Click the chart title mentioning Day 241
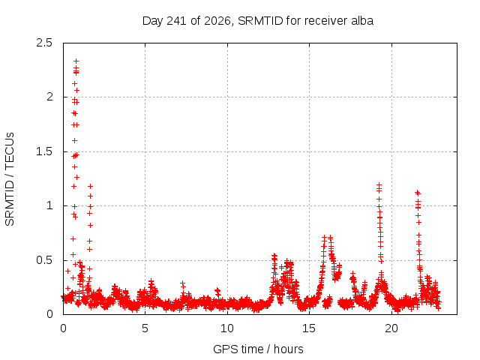[x=258, y=21]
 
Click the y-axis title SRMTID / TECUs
[x=10, y=179]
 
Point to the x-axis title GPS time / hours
[x=258, y=349]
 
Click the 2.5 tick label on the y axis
[x=44, y=43]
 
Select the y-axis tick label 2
[x=49, y=97]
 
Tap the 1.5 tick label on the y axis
[x=44, y=151]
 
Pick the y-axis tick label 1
[x=49, y=205]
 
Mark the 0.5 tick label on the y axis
[x=44, y=260]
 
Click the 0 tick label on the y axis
[x=49, y=314]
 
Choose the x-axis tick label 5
[x=145, y=328]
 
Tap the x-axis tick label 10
[x=227, y=328]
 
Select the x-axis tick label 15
[x=309, y=328]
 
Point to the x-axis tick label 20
[x=391, y=328]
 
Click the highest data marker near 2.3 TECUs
[x=76, y=61]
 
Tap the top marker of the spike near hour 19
[x=379, y=184]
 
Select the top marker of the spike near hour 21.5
[x=417, y=193]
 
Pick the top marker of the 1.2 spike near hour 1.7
[x=90, y=186]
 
